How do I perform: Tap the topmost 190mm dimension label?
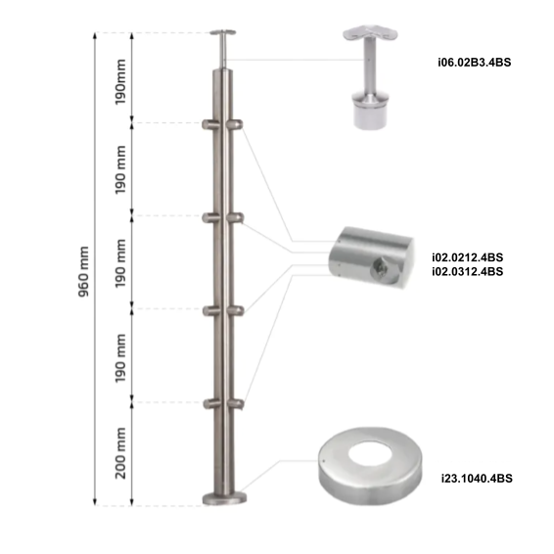119,79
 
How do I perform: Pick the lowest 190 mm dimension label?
120,357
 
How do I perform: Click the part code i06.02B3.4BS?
475,63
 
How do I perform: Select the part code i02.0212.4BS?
467,257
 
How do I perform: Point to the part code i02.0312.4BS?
467,271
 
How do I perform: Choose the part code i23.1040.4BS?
477,479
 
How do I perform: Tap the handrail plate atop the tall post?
224,34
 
